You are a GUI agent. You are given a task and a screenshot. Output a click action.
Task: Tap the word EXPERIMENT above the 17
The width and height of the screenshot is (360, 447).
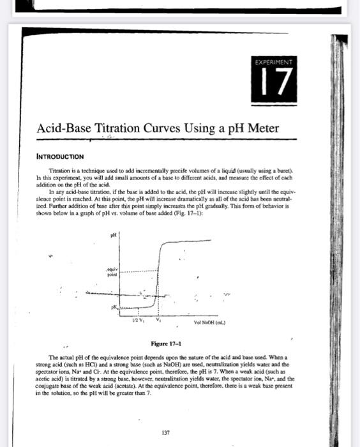click(x=276, y=63)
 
